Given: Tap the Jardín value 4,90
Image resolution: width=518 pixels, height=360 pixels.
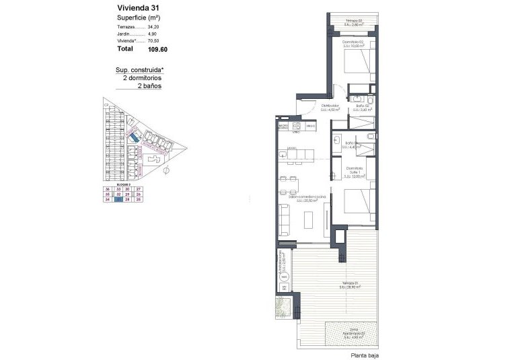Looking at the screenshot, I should (152, 33).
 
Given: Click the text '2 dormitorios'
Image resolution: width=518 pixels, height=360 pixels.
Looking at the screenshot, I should (142, 78).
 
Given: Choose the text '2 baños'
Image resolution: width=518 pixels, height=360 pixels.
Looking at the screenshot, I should (149, 86).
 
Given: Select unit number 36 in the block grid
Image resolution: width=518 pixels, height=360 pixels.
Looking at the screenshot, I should (108, 190).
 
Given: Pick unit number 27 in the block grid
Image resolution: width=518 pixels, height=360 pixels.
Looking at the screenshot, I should (139, 190).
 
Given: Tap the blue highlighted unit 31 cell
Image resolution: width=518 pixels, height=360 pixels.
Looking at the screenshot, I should (118, 199).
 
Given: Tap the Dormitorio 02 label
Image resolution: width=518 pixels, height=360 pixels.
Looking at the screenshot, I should (353, 43).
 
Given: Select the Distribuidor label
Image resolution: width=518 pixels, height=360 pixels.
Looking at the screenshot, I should (330, 106).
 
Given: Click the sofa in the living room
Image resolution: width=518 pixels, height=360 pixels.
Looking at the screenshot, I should (284, 219).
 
